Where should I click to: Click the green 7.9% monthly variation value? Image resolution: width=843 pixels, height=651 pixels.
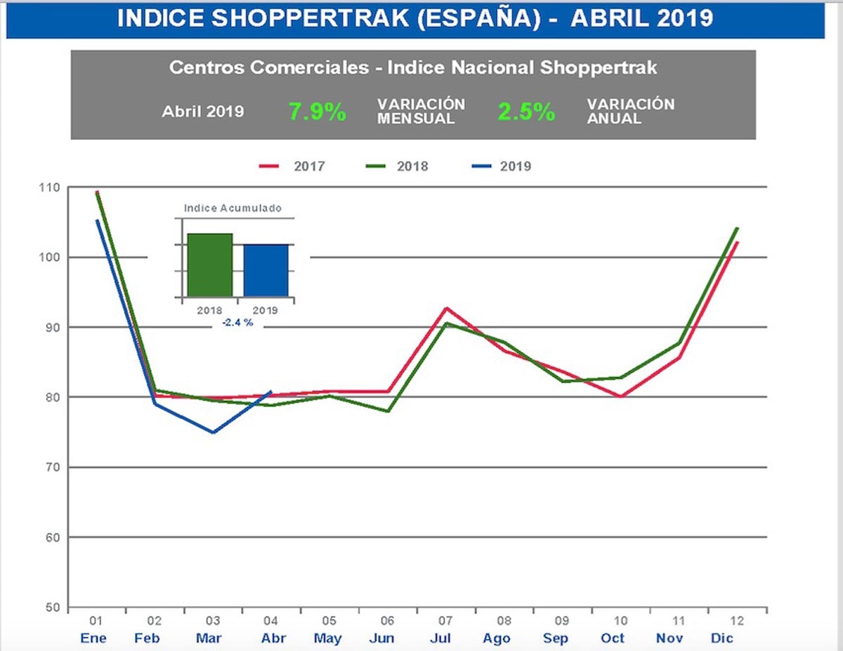[317, 112]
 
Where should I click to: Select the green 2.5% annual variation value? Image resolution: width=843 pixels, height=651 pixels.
[526, 112]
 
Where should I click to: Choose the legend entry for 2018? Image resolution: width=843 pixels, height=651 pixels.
[397, 167]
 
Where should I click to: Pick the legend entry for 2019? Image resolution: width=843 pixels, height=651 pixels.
[501, 167]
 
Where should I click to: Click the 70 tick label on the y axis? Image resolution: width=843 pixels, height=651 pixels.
[54, 468]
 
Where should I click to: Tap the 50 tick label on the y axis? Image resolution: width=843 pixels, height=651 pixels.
[54, 607]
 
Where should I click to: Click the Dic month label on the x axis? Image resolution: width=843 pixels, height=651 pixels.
[722, 638]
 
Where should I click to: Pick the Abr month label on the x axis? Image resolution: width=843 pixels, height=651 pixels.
[273, 638]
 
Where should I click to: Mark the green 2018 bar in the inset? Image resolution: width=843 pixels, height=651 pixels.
[209, 265]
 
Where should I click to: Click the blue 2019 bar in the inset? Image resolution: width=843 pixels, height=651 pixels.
[266, 270]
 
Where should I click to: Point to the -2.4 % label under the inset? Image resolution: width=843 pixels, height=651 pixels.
[237, 323]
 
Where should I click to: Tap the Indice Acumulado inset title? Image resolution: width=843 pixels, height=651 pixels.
[233, 208]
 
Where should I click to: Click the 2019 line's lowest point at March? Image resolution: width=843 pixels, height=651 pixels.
[213, 432]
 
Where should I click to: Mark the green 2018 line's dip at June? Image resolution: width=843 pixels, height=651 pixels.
[388, 411]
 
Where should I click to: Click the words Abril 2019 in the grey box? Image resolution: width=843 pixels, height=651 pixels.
[203, 112]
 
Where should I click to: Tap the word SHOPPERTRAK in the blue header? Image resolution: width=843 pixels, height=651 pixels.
[303, 19]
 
